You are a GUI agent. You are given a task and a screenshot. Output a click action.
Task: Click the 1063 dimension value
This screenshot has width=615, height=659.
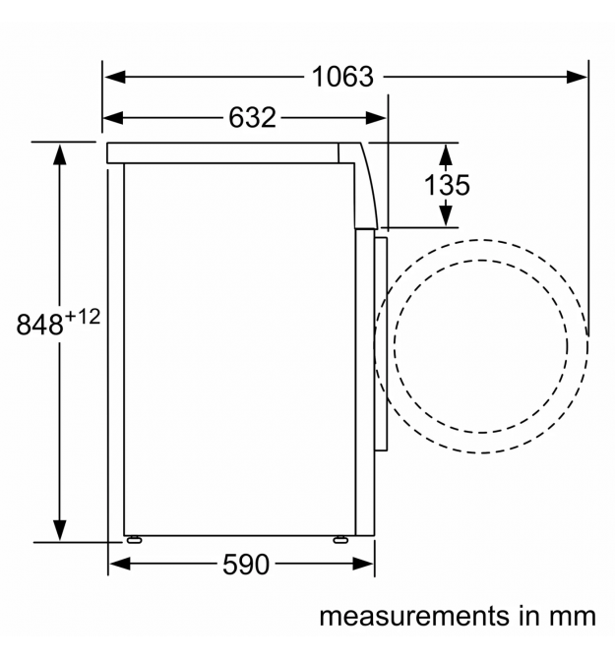(342, 78)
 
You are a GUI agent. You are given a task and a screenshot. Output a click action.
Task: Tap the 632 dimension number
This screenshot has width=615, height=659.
(252, 118)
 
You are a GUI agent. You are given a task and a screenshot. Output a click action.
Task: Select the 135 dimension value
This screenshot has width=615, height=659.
(447, 185)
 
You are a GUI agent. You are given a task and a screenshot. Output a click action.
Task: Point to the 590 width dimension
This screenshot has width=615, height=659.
(246, 565)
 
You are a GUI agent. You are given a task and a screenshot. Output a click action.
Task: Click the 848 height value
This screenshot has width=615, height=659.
(40, 325)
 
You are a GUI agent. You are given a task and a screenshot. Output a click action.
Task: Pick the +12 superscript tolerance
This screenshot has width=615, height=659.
(83, 317)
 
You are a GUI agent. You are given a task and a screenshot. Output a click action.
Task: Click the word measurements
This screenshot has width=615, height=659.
(414, 617)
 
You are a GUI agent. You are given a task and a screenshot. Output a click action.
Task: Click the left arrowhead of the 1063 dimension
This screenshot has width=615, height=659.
(115, 77)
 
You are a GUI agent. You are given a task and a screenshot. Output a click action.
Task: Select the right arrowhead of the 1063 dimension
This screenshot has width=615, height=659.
(577, 77)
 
